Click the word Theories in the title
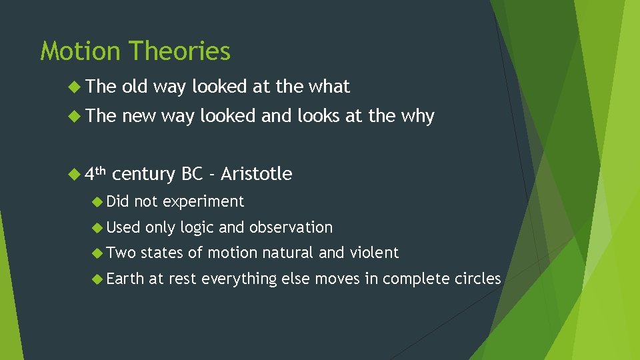point(180,51)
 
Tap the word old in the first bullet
point(135,87)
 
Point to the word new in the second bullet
point(139,116)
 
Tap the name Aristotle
point(256,174)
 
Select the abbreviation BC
point(192,174)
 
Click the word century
point(144,175)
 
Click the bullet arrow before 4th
point(75,174)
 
